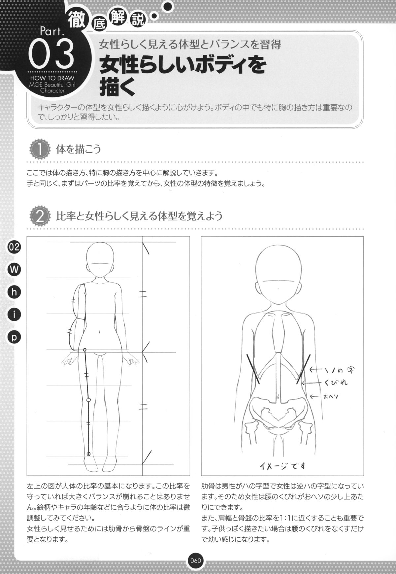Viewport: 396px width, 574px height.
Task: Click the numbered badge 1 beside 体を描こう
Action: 40,150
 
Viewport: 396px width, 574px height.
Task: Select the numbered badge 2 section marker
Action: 40,217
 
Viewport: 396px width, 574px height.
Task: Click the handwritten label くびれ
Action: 336,383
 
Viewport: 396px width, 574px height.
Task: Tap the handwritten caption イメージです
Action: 282,466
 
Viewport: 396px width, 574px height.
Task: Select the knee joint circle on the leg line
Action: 88,400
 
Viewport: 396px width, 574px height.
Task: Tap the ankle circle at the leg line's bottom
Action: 88,454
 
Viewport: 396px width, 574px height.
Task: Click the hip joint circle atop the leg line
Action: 85,350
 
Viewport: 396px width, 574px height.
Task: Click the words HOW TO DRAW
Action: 50,79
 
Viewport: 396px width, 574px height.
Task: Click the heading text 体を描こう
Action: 79,150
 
